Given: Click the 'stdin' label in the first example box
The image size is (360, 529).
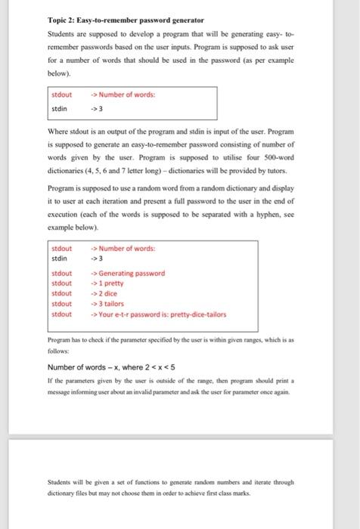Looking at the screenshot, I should pyautogui.click(x=58, y=108).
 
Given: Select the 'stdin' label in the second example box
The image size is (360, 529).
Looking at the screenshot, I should pyautogui.click(x=58, y=258).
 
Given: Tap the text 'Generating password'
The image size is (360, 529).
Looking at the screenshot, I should pyautogui.click(x=131, y=273).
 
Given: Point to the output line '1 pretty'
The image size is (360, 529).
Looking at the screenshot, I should pyautogui.click(x=113, y=283).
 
